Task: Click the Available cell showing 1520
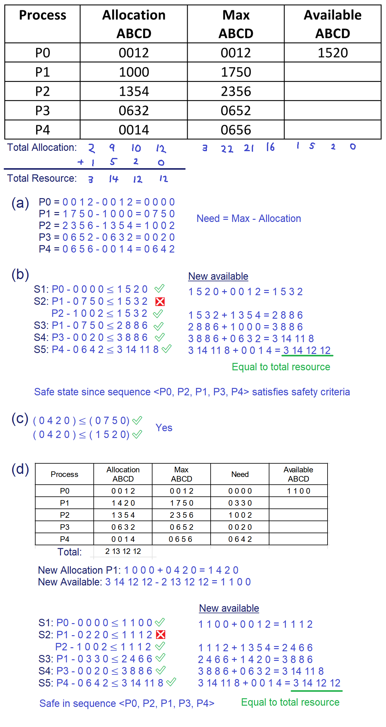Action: tap(332, 53)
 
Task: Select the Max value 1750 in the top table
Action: tap(236, 72)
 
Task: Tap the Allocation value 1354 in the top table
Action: tap(134, 91)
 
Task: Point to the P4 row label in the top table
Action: tap(42, 130)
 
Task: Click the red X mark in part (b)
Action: tap(160, 301)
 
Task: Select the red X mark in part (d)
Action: tap(161, 635)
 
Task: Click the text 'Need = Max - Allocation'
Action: tap(249, 219)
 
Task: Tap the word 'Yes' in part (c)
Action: tap(164, 428)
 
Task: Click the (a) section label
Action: tap(20, 203)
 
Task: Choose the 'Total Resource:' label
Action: tap(42, 178)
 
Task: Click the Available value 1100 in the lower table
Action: tap(298, 491)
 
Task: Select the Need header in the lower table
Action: tap(240, 474)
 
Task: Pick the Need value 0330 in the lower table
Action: tap(240, 503)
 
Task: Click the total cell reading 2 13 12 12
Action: tap(123, 551)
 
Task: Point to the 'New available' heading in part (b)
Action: tap(218, 276)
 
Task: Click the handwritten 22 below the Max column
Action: tap(227, 149)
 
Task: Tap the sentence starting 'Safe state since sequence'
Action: tap(192, 392)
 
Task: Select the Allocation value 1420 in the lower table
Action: tap(123, 503)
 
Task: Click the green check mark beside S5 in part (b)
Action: tap(166, 349)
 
